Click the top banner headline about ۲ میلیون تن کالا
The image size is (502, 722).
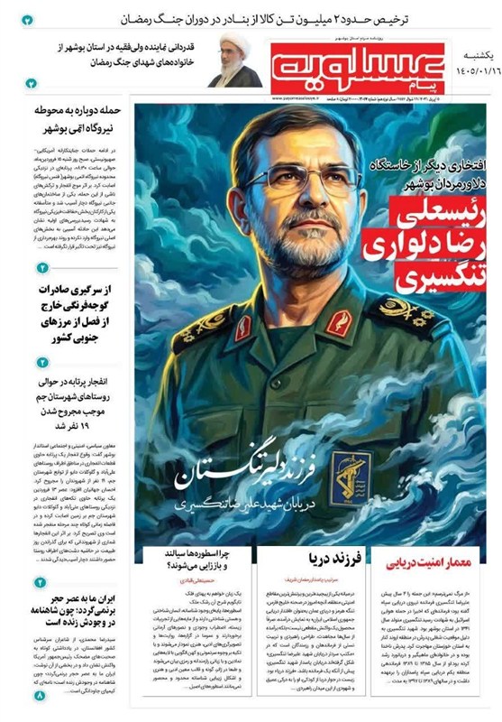(270, 18)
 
